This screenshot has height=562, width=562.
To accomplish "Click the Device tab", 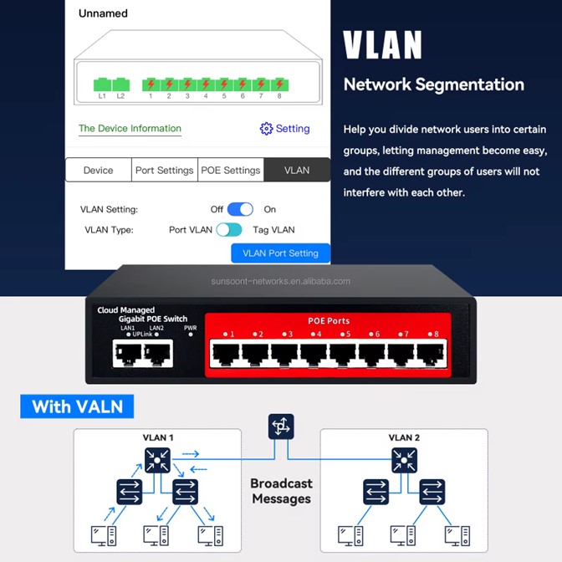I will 98,170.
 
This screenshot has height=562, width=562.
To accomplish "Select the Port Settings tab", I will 164,170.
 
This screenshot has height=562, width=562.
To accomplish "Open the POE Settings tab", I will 231,170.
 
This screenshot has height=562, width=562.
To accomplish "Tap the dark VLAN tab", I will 297,170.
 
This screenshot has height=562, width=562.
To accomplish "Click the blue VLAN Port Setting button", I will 280,253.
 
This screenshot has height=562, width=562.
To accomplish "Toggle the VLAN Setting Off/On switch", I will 240,209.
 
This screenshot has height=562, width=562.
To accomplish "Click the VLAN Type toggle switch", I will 228,230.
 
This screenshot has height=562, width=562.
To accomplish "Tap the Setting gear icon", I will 267,129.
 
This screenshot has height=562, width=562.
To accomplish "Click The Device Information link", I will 130,129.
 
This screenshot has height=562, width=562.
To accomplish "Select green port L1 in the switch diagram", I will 102,84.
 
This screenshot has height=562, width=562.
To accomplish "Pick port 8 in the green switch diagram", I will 279,84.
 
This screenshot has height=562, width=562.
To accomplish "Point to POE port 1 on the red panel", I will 227,355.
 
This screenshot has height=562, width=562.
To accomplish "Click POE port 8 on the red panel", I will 431,355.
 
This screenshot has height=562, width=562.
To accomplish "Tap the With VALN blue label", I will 77,407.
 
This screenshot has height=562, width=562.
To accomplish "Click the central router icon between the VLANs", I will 281,427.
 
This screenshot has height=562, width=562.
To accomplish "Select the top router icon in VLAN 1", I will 156,457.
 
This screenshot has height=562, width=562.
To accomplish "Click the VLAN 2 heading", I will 404,437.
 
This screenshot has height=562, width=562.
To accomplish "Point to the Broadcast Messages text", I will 281,491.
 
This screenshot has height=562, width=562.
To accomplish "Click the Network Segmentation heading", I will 434,84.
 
